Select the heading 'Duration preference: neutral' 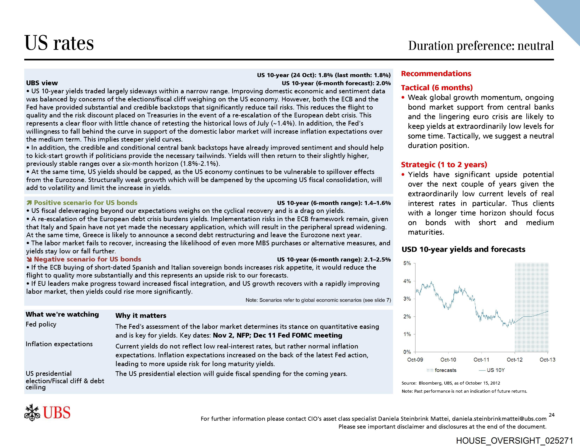[481, 46]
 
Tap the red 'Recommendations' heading [436, 74]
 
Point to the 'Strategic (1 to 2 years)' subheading [444, 165]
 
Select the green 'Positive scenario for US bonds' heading [86, 203]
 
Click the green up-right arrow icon [29, 203]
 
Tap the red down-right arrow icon [29, 259]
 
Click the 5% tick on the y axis [407, 263]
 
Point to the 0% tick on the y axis [407, 352]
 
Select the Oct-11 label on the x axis [481, 360]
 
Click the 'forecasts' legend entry [445, 370]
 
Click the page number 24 [552, 415]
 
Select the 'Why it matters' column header [141, 316]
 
